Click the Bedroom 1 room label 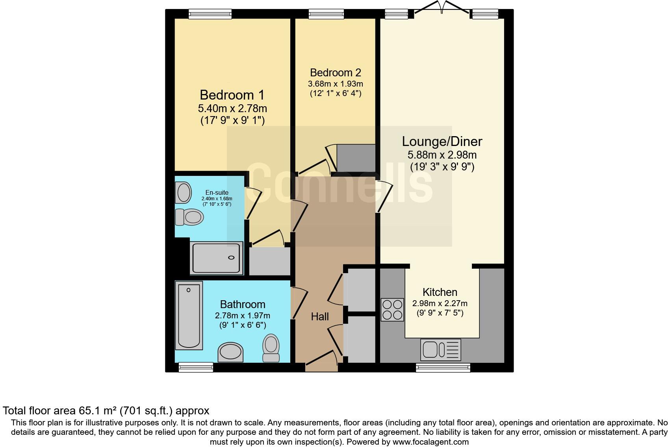click(232, 95)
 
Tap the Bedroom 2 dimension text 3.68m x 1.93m click(335, 84)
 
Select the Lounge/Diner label click(442, 141)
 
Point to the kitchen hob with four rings click(392, 310)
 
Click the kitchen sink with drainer click(440, 349)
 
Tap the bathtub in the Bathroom click(189, 315)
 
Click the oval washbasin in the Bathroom click(231, 352)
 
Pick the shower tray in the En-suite click(216, 258)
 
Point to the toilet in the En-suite click(189, 217)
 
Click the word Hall click(319, 316)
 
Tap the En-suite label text click(217, 192)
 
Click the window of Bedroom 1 click(210, 14)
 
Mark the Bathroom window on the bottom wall click(196, 367)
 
